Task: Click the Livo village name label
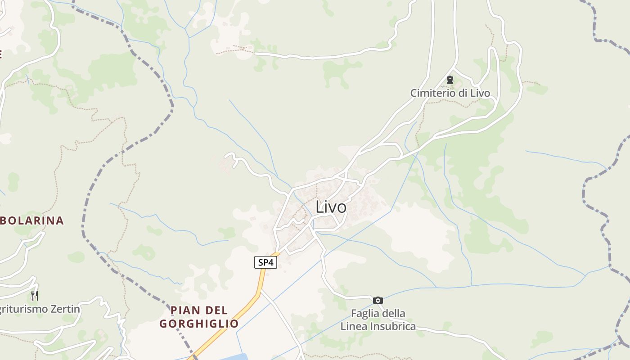tap(331, 207)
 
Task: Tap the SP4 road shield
tap(265, 262)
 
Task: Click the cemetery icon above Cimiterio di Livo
tap(450, 80)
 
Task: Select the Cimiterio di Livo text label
tap(450, 93)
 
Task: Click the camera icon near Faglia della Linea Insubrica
tap(378, 300)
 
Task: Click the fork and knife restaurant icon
tap(35, 295)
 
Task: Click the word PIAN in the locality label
tap(185, 310)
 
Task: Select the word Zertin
tap(63, 309)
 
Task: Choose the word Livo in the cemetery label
tap(480, 93)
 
